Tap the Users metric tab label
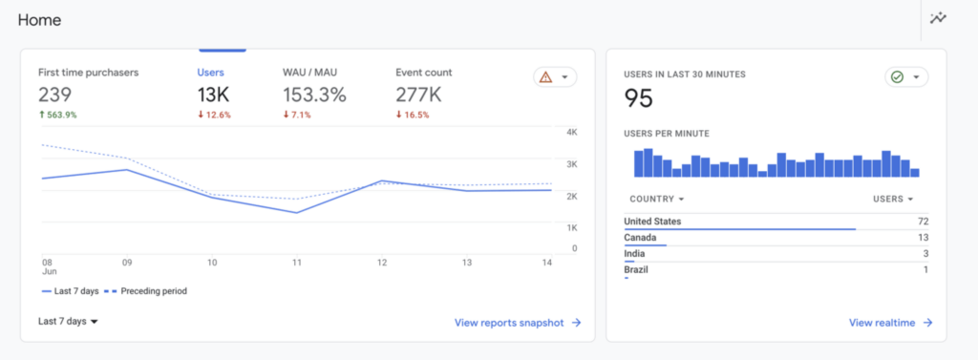click(211, 73)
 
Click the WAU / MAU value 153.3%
click(314, 95)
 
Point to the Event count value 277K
click(418, 95)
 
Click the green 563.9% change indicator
click(57, 115)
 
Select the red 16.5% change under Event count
click(413, 115)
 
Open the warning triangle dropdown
click(555, 77)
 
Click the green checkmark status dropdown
click(905, 77)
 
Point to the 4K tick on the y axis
click(571, 132)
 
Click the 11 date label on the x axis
click(297, 262)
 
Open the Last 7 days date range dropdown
click(68, 322)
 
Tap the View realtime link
click(890, 323)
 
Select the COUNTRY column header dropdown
click(657, 199)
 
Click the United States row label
click(652, 222)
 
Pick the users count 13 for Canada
click(923, 238)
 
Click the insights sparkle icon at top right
click(938, 18)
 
